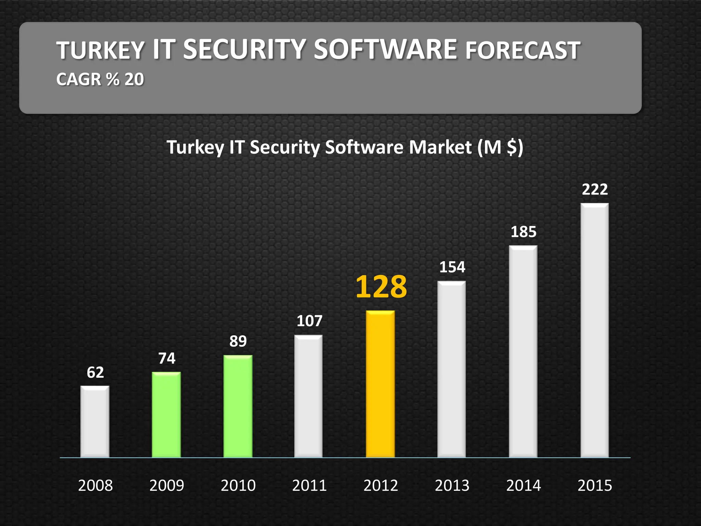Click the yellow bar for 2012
point(380,384)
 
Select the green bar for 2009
point(166,414)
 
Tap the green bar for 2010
point(238,406)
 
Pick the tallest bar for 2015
point(595,330)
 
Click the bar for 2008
point(95,421)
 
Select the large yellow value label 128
point(381,287)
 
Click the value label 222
point(595,189)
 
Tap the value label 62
point(95,372)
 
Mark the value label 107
point(309,321)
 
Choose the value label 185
point(523,232)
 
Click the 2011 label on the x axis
point(309,485)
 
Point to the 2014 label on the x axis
point(523,485)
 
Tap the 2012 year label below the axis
point(381,485)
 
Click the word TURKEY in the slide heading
point(100,50)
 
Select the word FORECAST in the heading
point(522,50)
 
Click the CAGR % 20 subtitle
point(100,79)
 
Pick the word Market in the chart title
point(440,147)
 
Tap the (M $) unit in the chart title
point(500,147)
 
